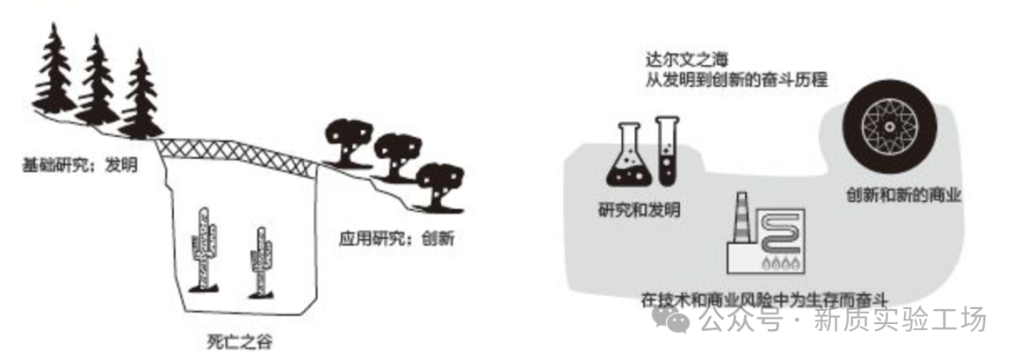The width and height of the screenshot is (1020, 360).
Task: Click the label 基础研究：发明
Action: click(79, 165)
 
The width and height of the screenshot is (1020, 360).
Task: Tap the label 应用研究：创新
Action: click(396, 239)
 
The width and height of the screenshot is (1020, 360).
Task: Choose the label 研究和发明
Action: click(638, 211)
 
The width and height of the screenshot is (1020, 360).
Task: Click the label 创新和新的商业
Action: click(904, 195)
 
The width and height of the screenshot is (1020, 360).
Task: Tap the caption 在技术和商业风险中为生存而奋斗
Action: click(764, 300)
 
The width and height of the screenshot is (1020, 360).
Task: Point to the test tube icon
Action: click(668, 149)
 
